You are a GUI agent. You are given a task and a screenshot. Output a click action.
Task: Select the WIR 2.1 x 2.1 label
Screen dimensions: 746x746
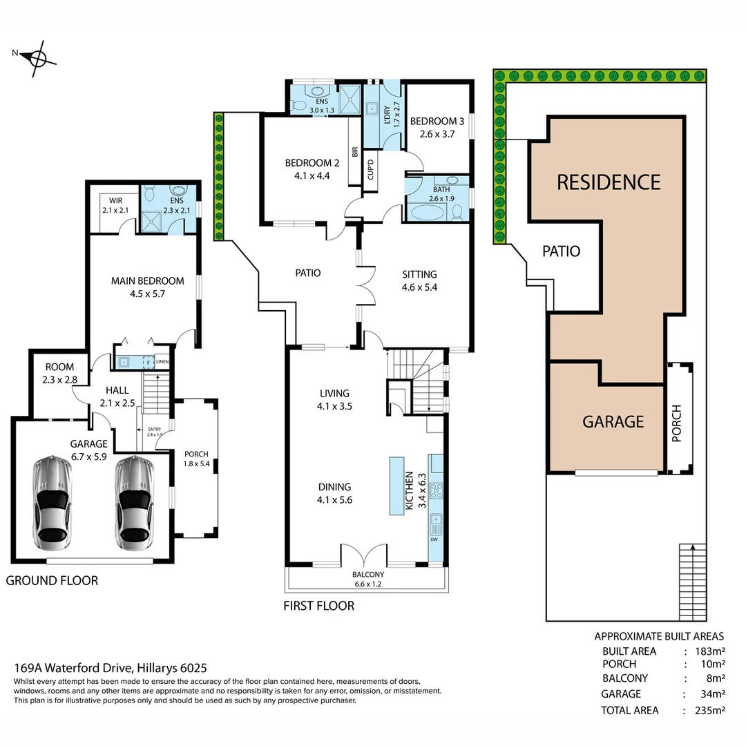[x=111, y=204]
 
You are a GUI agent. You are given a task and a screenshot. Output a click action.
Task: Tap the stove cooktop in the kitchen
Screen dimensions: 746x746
[x=437, y=491]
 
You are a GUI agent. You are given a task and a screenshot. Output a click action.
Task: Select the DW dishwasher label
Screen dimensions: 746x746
[x=434, y=539]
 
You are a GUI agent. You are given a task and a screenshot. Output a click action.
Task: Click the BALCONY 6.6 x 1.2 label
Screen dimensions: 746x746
[x=368, y=579]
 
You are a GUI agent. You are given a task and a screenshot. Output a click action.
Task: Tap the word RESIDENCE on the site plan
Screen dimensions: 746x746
[x=609, y=182]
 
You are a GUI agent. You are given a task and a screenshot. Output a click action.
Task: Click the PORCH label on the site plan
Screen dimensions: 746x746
[x=676, y=423]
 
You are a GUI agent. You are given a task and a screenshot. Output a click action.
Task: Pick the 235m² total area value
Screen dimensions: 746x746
[x=704, y=710]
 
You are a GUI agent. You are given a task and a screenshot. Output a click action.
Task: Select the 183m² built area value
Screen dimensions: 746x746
[x=704, y=651]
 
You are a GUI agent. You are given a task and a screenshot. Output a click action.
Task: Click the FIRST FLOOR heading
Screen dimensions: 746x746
[x=318, y=606]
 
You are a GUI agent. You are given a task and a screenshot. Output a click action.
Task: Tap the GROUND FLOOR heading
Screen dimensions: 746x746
[x=52, y=580]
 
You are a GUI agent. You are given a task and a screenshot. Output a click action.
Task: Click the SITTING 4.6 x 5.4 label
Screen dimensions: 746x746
[x=419, y=280]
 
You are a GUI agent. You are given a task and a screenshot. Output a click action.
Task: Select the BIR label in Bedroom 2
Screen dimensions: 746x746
[x=354, y=152]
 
